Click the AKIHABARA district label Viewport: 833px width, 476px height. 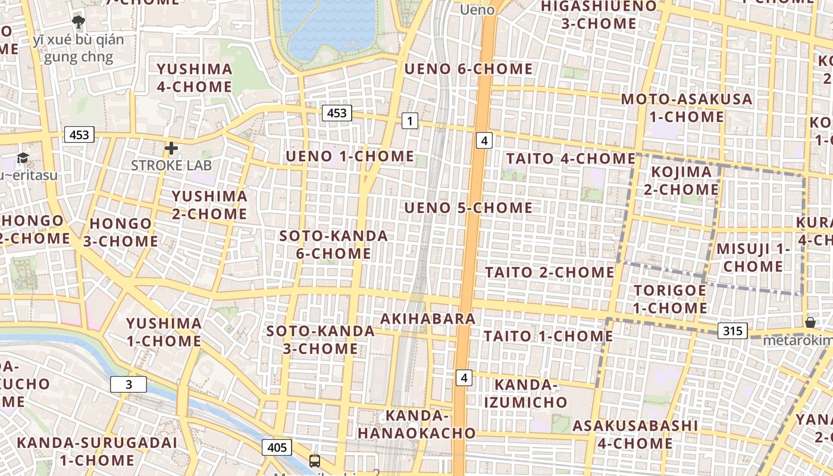point(428,318)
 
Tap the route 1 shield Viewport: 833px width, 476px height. point(409,121)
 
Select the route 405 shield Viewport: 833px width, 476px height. point(277,447)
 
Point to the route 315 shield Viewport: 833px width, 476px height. point(732,331)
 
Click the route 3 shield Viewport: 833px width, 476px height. point(129,384)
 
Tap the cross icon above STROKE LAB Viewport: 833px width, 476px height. point(171,148)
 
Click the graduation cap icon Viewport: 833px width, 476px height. point(23,158)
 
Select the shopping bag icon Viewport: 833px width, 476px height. point(810,322)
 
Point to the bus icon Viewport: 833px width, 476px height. point(314,461)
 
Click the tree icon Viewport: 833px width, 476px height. point(78,23)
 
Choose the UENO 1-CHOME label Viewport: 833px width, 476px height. point(350,156)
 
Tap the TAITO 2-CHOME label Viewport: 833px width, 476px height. point(549,273)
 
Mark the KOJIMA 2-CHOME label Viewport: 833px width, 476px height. point(681,181)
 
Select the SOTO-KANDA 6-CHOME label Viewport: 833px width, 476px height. point(334,245)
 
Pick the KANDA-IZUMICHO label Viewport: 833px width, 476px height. point(525,393)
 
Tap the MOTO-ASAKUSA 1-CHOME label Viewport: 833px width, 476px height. point(687,108)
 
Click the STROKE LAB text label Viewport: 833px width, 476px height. point(171,165)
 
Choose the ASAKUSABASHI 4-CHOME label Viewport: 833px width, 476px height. point(635,434)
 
